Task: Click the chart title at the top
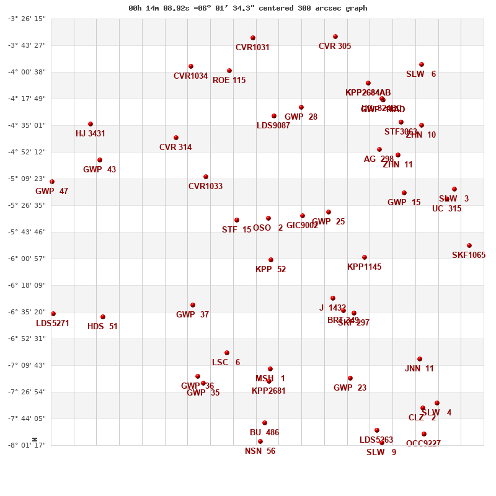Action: [x=247, y=8]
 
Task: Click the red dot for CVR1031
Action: [x=253, y=38]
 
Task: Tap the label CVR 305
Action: [x=335, y=46]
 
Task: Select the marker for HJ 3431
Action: [x=91, y=124]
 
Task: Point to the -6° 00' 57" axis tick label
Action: [x=27, y=259]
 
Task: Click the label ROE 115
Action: [x=229, y=81]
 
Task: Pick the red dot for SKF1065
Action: [x=469, y=246]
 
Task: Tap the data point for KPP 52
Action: [x=271, y=260]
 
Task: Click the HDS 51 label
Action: [x=102, y=327]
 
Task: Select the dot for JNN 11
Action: [x=420, y=359]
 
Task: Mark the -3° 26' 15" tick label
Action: [x=27, y=19]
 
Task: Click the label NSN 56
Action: [x=260, y=451]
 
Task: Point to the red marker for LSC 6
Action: [x=227, y=353]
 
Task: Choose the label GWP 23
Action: [x=350, y=388]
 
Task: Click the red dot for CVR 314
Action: [x=176, y=138]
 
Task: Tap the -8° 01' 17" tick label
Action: [x=27, y=445]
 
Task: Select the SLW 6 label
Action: [x=421, y=74]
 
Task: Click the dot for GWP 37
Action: [x=193, y=305]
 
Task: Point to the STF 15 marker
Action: [x=237, y=220]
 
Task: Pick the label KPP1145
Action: [x=364, y=267]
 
